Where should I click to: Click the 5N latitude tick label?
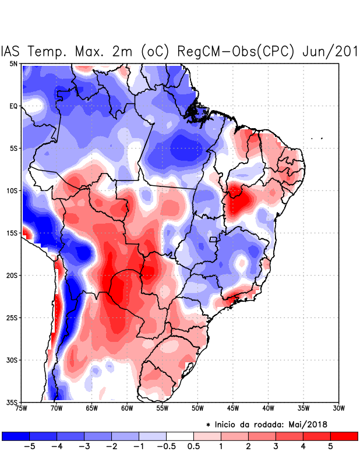13,63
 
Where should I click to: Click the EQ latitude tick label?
13,106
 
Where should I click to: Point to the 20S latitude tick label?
12,276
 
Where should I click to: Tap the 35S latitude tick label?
12,403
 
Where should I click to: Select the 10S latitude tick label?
12,190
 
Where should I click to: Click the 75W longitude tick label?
22,408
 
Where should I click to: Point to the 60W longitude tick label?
126,408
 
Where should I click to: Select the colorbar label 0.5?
193,447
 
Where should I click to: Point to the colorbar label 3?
276,447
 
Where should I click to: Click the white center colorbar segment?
180,436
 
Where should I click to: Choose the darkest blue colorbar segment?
16,436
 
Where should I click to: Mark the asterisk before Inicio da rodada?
209,425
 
